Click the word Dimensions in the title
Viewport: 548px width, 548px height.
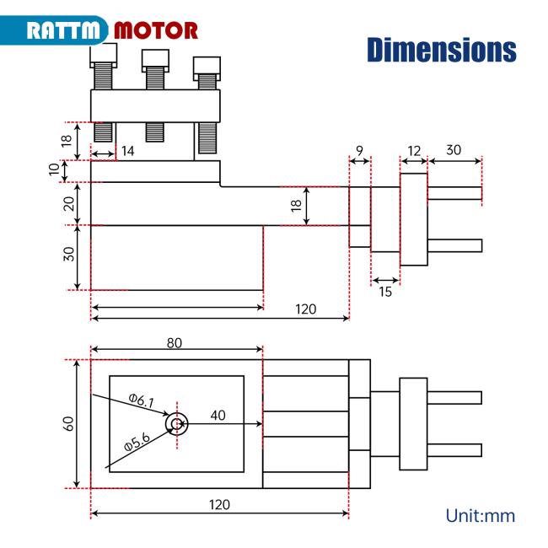tap(442, 50)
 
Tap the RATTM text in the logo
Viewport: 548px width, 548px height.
tap(63, 30)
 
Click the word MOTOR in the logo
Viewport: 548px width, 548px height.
tap(156, 30)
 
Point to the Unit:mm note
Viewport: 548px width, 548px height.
tap(481, 516)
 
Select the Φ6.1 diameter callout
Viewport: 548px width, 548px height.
tap(141, 400)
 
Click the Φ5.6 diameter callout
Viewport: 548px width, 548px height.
tap(137, 442)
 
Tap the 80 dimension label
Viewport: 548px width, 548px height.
tap(174, 343)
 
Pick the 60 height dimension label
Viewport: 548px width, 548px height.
tap(68, 423)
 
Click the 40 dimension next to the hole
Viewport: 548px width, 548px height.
tap(218, 415)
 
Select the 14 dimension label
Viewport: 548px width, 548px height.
tap(127, 151)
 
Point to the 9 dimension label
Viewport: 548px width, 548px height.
tap(359, 151)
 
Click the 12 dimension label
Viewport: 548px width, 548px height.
tap(414, 151)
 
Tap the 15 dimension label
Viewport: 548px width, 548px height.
tap(385, 292)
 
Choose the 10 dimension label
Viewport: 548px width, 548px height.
tap(54, 169)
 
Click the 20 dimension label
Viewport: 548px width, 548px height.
tap(69, 204)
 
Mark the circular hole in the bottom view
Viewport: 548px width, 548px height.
tap(177, 424)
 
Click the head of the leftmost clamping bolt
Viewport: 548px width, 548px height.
tap(104, 55)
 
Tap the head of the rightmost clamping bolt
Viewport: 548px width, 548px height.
tap(207, 69)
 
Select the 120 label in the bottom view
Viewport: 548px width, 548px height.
tap(219, 505)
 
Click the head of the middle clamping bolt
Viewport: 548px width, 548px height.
tap(155, 61)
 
